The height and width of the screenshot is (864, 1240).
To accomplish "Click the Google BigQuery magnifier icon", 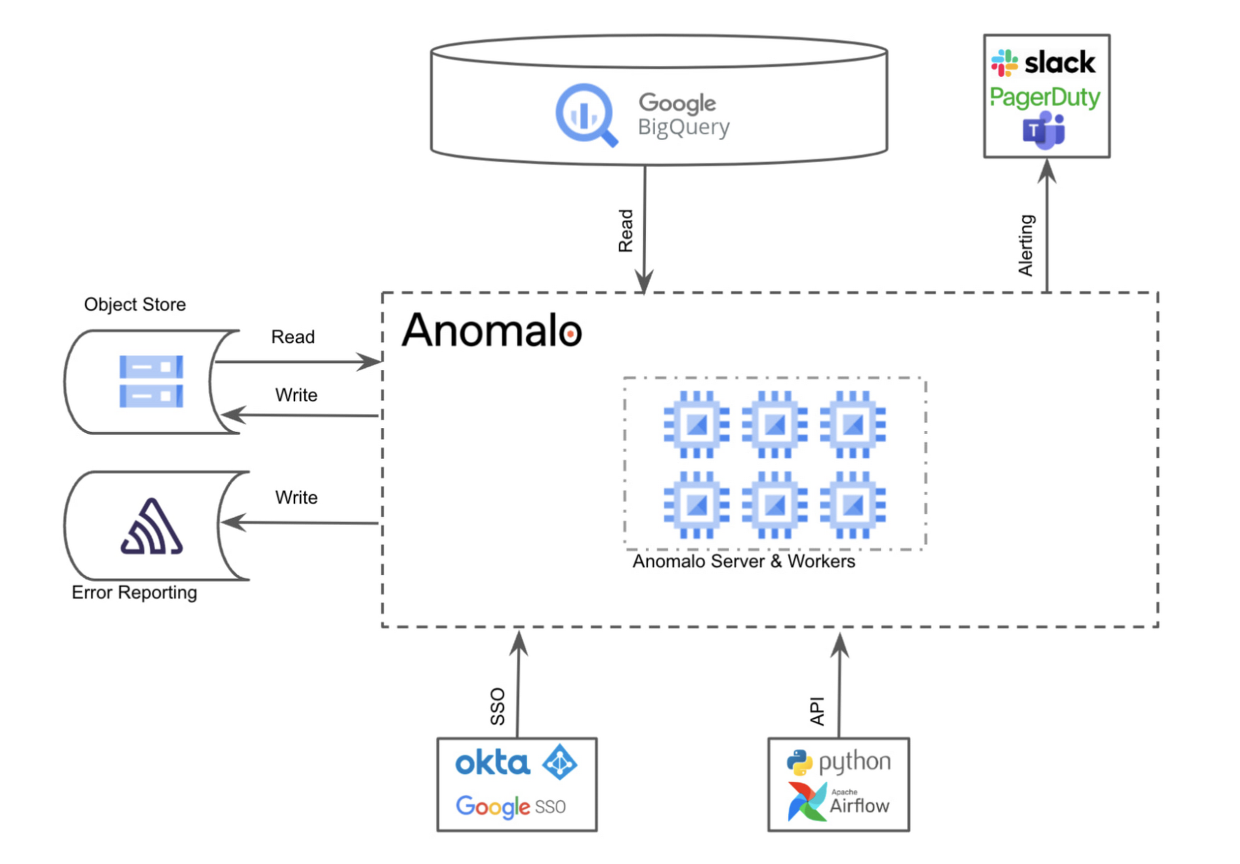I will click(x=585, y=115).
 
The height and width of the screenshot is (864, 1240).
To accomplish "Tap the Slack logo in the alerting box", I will click(x=1043, y=62).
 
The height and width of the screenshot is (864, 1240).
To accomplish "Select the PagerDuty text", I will click(x=1044, y=97).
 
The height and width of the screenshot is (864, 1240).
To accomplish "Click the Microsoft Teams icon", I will click(x=1043, y=130).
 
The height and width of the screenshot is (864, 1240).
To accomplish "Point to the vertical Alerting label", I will click(x=1026, y=245).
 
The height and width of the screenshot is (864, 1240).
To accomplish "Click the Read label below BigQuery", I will click(x=625, y=231).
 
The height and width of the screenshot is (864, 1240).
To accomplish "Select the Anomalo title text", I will click(x=492, y=330).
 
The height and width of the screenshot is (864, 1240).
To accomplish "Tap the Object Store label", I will click(x=135, y=304).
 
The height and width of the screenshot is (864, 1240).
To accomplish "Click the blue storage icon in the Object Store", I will click(x=151, y=381).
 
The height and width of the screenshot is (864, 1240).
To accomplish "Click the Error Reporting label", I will click(x=134, y=592).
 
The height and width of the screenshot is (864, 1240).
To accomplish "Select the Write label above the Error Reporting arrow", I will click(x=296, y=497).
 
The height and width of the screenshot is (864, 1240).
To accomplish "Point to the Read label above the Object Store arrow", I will click(x=292, y=337).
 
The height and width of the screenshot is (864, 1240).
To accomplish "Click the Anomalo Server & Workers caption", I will click(x=743, y=561).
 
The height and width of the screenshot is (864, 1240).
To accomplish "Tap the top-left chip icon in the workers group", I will click(x=696, y=424).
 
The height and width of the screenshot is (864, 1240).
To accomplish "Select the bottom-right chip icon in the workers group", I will click(x=853, y=504).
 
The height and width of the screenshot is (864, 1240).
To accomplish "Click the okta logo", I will click(x=492, y=763).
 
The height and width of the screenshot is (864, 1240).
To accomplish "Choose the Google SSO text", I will click(x=510, y=806).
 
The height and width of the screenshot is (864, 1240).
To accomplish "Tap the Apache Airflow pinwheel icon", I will click(x=807, y=802).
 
